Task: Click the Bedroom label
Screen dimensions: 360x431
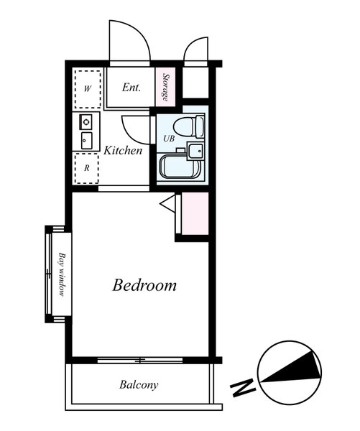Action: click(x=144, y=285)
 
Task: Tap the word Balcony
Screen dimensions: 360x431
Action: click(x=139, y=384)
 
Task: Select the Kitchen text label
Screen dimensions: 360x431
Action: click(x=123, y=150)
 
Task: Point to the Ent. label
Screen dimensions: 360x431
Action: click(x=131, y=88)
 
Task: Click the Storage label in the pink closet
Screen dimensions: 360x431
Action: click(x=165, y=87)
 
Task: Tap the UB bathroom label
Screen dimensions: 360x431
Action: click(x=169, y=138)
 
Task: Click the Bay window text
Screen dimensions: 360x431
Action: click(x=62, y=274)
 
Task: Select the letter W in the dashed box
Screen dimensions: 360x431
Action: click(x=88, y=89)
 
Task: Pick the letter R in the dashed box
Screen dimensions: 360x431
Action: click(x=87, y=168)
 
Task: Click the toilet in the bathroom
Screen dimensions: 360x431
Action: click(x=189, y=126)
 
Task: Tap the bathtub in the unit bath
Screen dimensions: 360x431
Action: click(x=180, y=167)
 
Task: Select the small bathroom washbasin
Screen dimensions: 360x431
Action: click(x=195, y=151)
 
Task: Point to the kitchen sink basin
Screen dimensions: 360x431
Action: click(x=87, y=141)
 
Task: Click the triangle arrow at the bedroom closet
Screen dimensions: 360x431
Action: click(x=167, y=203)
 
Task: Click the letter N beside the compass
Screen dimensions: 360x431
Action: click(x=243, y=387)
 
